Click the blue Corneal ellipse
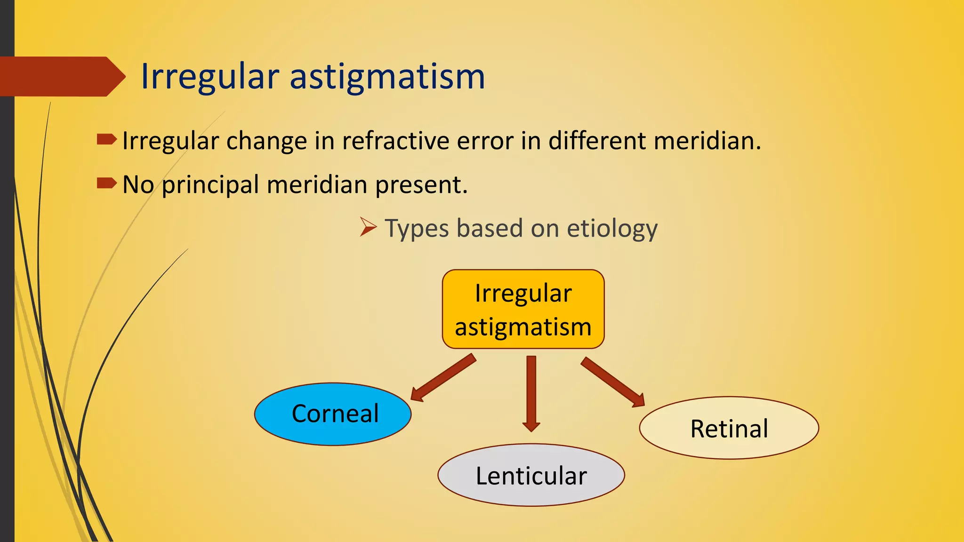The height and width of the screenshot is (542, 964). (x=333, y=414)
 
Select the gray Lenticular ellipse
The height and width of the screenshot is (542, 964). (x=531, y=475)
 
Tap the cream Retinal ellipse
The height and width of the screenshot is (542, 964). (x=729, y=428)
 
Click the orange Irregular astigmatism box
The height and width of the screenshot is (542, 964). (x=523, y=309)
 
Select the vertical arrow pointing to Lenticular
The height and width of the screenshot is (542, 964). (x=531, y=393)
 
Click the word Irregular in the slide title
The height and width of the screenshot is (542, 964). (x=210, y=77)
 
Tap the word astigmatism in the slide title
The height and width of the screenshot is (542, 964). (x=387, y=77)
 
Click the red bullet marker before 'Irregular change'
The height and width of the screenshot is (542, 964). (x=106, y=139)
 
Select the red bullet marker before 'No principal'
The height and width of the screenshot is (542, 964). (x=106, y=183)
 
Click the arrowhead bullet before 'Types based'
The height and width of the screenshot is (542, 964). (x=368, y=227)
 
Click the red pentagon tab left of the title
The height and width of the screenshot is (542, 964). (x=61, y=77)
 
